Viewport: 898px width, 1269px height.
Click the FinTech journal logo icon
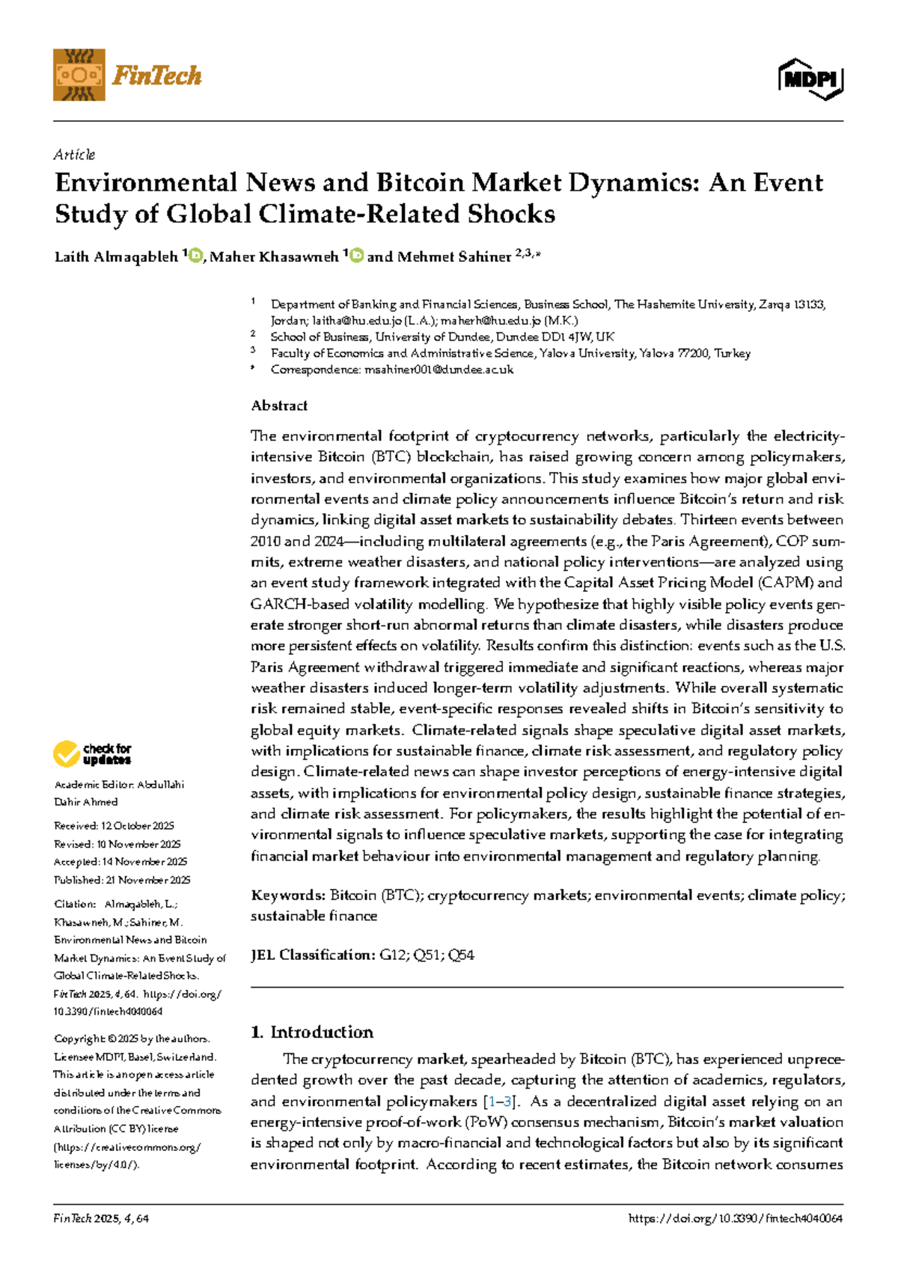pyautogui.click(x=79, y=75)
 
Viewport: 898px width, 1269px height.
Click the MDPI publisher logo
pyautogui.click(x=810, y=78)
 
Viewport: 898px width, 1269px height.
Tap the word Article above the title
pyautogui.click(x=74, y=155)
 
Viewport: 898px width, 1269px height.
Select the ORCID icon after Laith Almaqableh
pyautogui.click(x=196, y=256)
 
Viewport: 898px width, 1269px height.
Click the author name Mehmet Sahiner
pyautogui.click(x=453, y=257)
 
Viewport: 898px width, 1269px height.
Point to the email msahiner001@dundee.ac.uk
pyautogui.click(x=439, y=370)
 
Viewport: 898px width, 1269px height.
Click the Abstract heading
pyautogui.click(x=279, y=406)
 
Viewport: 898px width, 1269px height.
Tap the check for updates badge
pyautogui.click(x=92, y=753)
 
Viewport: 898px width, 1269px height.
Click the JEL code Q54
pyautogui.click(x=460, y=955)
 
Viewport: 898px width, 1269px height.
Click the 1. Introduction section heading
pyautogui.click(x=312, y=1032)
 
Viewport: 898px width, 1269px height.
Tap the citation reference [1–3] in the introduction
pyautogui.click(x=501, y=1101)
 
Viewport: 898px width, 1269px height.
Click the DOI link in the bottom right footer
pyautogui.click(x=736, y=1218)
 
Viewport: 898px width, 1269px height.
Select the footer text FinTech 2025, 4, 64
pyautogui.click(x=101, y=1218)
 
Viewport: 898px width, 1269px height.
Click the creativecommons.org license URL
pyautogui.click(x=127, y=1146)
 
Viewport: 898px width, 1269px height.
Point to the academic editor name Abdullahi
pyautogui.click(x=160, y=785)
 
